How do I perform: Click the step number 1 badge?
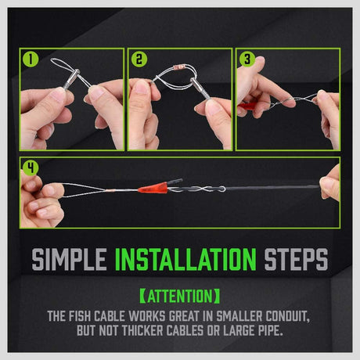[31, 59]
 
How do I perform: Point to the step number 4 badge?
[31, 168]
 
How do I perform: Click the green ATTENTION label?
[180, 297]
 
